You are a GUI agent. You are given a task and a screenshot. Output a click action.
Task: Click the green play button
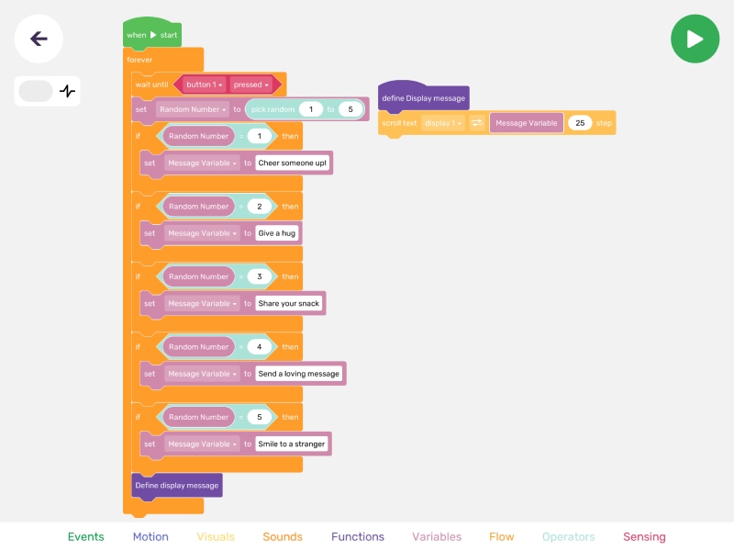[x=695, y=39]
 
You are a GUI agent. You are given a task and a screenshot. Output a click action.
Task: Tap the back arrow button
[x=39, y=39]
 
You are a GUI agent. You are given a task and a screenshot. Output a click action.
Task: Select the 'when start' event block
[x=152, y=34]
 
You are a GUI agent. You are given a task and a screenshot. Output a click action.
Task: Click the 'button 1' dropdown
[x=204, y=84]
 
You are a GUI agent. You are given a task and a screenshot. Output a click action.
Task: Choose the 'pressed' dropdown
[x=250, y=84]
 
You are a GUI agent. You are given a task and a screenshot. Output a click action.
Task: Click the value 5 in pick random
[x=350, y=109]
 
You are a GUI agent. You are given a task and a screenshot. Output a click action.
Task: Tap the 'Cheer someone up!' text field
[x=292, y=163]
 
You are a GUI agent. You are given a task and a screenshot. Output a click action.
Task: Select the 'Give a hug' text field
[x=277, y=233]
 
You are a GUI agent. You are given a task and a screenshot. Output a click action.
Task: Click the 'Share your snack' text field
[x=288, y=304]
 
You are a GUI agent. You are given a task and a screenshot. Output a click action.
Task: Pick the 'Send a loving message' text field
[x=299, y=374]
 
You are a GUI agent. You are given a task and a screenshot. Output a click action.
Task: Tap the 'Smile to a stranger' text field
[x=291, y=444]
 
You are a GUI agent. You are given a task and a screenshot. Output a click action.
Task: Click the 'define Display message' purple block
[x=423, y=97]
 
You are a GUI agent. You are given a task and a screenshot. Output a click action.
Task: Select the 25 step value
[x=580, y=123]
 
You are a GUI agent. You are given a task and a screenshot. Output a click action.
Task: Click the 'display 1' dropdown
[x=443, y=123]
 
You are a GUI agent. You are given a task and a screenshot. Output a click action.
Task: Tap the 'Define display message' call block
[x=177, y=486]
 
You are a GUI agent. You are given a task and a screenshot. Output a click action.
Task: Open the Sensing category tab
[x=644, y=536]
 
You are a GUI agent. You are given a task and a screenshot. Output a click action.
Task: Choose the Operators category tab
[x=568, y=536]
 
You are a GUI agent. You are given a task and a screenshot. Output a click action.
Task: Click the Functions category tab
[x=358, y=536]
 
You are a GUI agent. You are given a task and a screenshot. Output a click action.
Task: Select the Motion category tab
[x=150, y=536]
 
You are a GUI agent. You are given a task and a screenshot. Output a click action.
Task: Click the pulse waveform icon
[x=67, y=91]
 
